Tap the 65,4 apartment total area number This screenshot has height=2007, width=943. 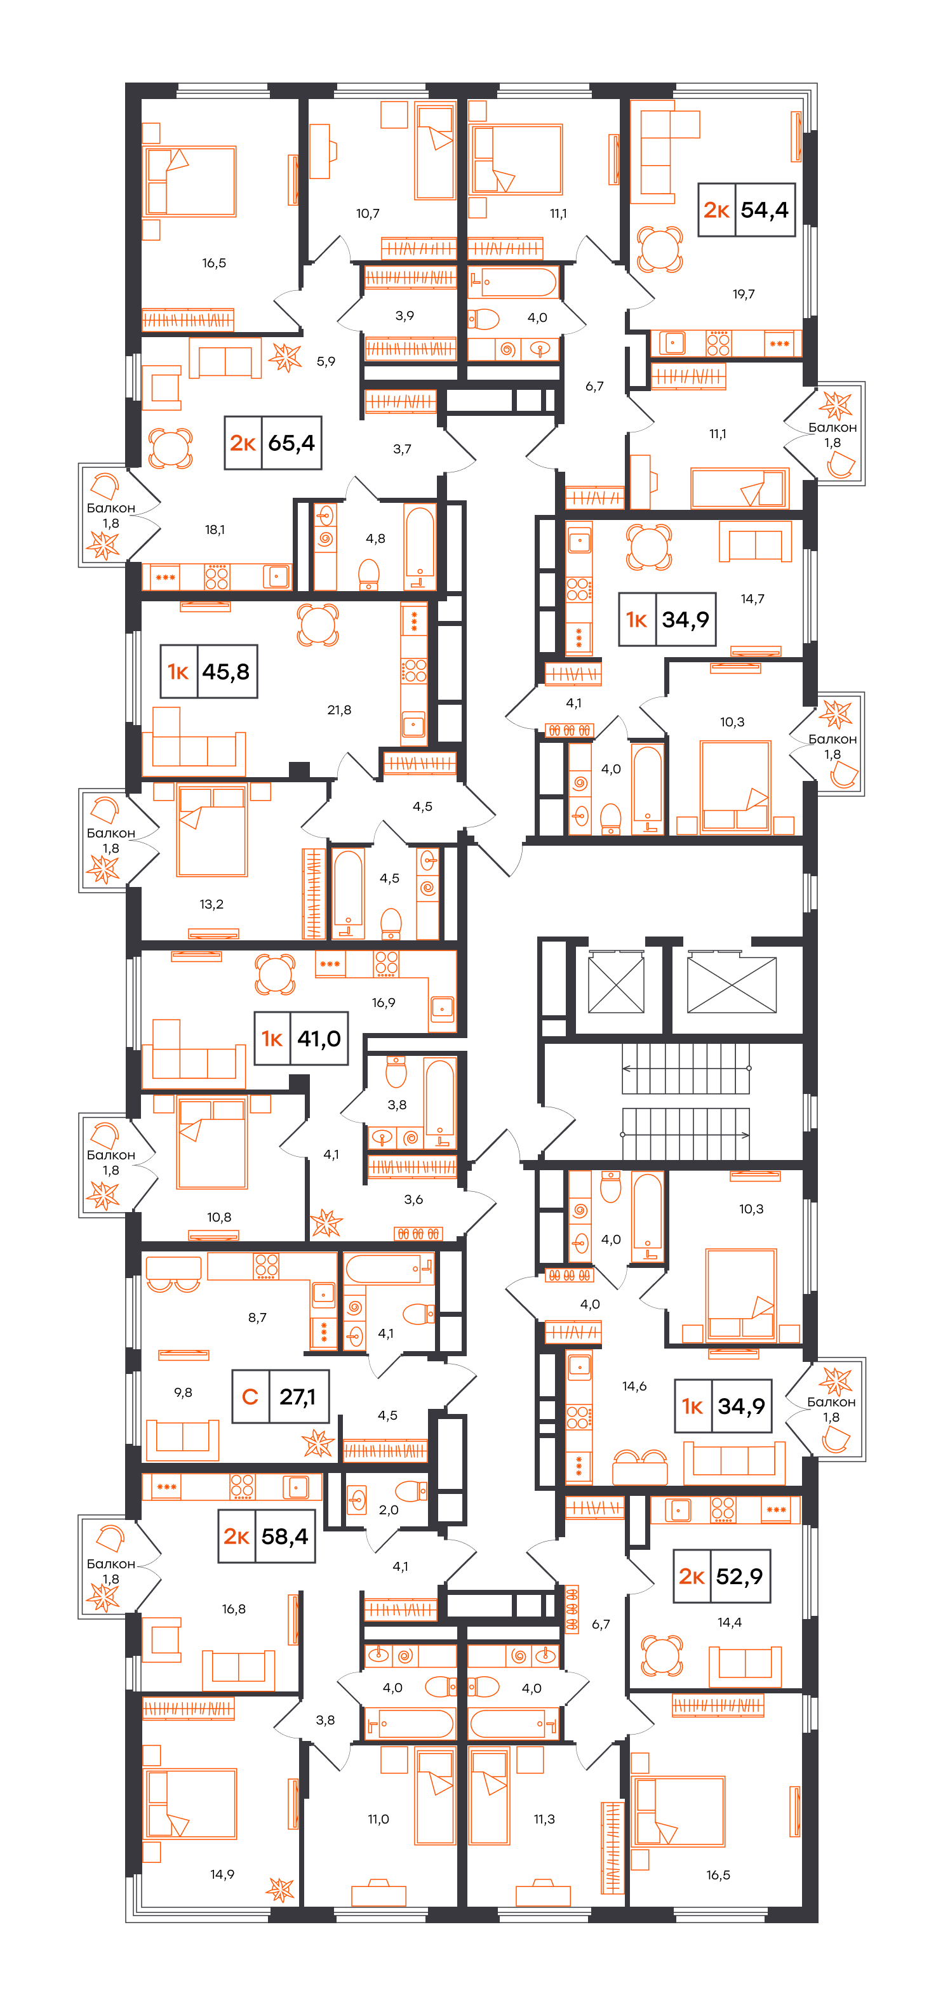291,443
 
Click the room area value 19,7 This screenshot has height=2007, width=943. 744,294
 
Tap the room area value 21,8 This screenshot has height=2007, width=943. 339,710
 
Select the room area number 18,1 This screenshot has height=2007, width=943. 215,530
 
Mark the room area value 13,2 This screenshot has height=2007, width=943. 211,903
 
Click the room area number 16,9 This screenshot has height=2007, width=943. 384,1002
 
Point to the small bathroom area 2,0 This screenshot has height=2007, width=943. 388,1509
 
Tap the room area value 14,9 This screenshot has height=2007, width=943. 222,1874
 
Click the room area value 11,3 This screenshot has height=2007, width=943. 544,1818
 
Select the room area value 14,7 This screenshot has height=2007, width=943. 752,598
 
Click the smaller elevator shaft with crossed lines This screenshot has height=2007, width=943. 616,983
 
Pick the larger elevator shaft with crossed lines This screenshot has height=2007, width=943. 731,983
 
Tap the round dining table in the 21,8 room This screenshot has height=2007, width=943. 318,624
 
